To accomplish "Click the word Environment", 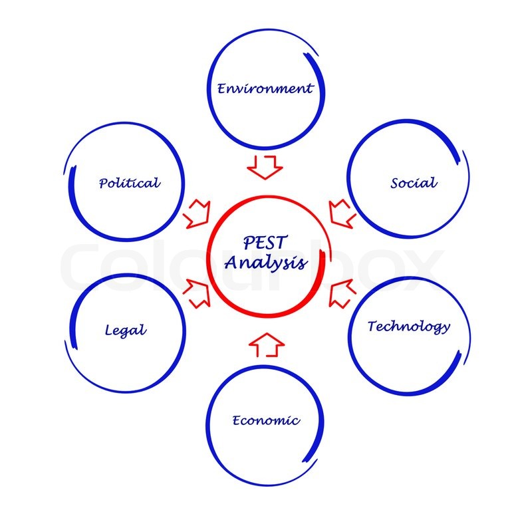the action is coord(265,88).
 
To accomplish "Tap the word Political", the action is coord(129,183).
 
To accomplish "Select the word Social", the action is coord(414,183).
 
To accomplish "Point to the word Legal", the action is coord(126,330).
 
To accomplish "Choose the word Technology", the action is coord(409,327).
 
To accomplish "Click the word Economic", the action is coord(266,420).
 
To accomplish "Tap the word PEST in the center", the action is coord(265,242).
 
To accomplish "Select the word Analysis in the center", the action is coord(266,263).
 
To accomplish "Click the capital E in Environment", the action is coord(221,88).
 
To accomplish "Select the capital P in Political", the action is coord(103,184).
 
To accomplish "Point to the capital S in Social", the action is coord(394,184).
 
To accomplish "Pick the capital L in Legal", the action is coord(108,330).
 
